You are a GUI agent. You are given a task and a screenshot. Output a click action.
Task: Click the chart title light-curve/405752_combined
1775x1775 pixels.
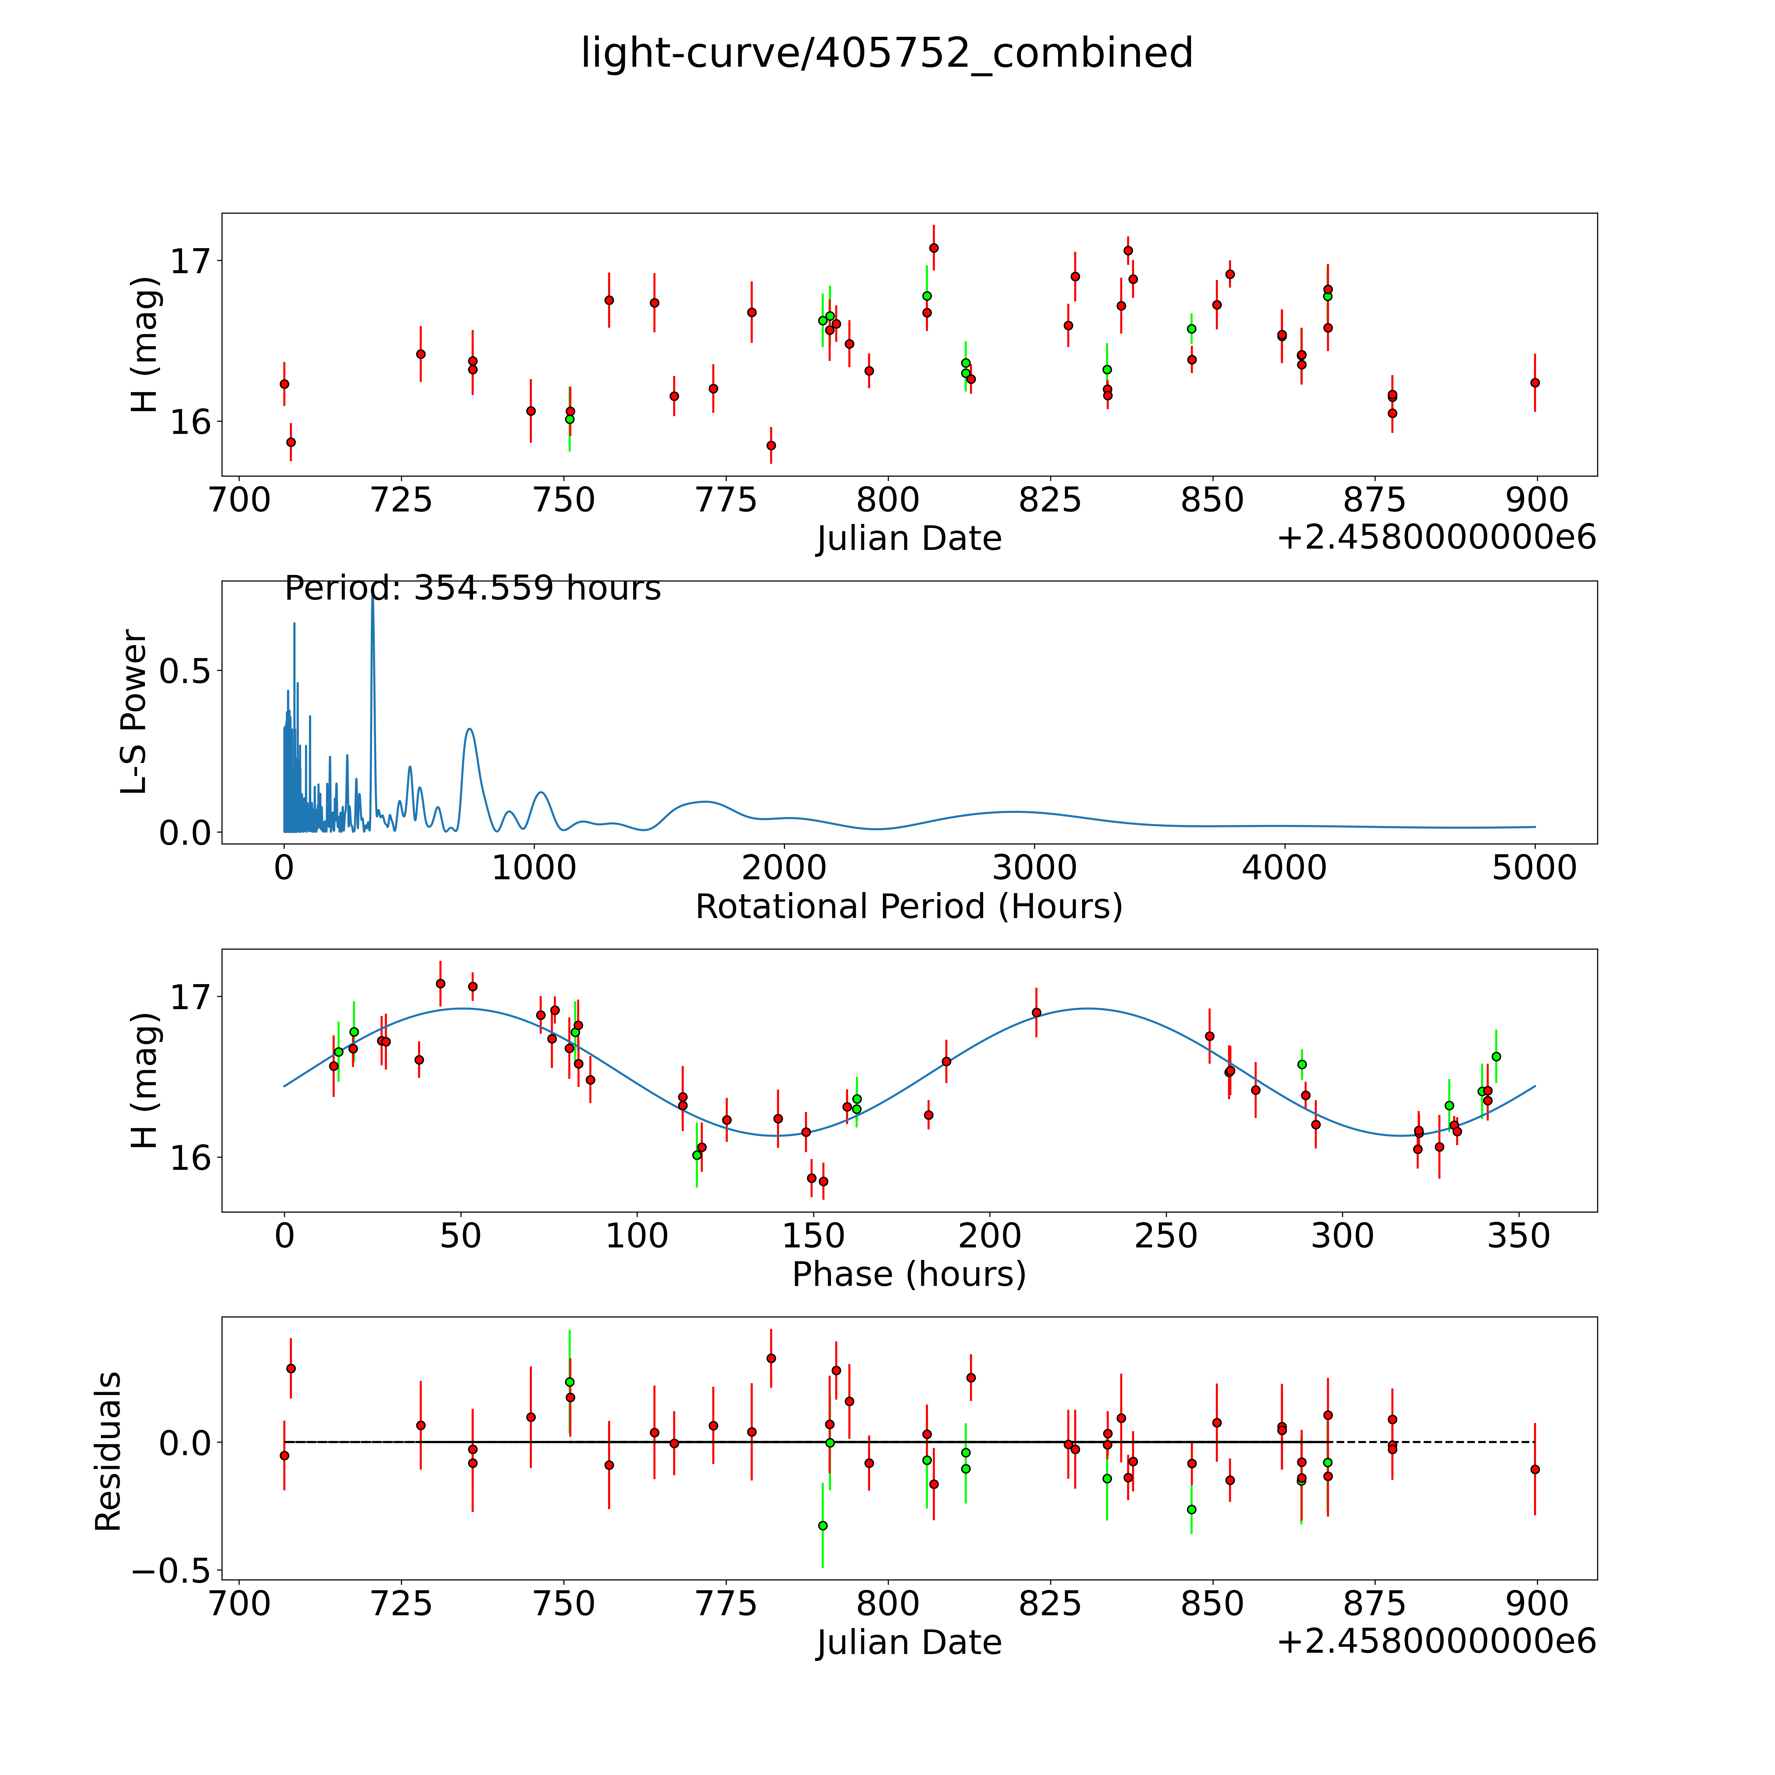click(x=887, y=53)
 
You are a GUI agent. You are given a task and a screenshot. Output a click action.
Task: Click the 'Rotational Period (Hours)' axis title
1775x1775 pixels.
click(x=909, y=907)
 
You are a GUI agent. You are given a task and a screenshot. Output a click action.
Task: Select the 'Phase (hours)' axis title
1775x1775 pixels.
click(x=909, y=1274)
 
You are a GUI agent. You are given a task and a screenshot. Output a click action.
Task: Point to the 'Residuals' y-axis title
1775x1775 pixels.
click(x=108, y=1452)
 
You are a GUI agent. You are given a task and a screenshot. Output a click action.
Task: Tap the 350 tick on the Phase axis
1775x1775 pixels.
click(x=1519, y=1236)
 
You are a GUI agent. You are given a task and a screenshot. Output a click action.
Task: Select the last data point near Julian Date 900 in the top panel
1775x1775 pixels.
click(x=1534, y=382)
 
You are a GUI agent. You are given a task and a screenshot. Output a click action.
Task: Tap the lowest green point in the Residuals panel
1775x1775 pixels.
click(x=822, y=1525)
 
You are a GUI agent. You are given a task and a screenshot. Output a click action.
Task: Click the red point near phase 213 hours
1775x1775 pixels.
click(x=1036, y=1012)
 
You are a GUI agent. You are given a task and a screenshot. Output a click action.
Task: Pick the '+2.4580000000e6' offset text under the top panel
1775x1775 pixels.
click(x=1436, y=537)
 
